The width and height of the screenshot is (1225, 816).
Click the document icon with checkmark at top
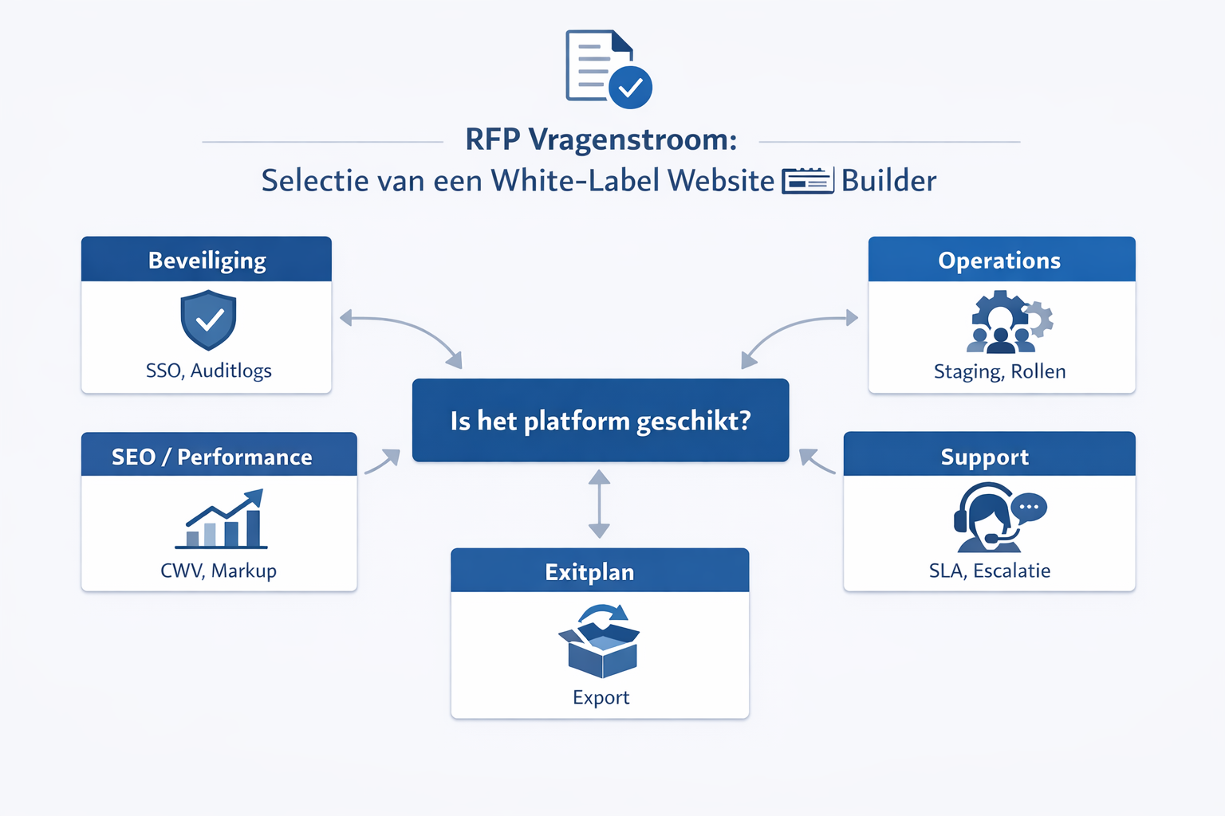608,69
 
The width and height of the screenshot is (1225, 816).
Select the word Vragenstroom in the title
632,139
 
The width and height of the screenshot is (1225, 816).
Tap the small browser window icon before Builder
807,181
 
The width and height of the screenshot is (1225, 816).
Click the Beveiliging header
207,260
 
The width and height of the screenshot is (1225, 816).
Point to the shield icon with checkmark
208,320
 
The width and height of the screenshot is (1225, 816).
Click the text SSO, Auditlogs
208,371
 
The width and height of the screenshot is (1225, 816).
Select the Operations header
1000,260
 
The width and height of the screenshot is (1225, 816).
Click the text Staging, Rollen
999,371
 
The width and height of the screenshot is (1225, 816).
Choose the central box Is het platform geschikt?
600,420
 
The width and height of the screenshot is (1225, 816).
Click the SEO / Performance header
211,456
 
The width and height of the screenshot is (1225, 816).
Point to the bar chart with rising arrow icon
222,520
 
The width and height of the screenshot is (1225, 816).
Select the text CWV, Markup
219,571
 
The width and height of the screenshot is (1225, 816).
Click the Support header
985,457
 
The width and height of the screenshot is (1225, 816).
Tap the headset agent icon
997,518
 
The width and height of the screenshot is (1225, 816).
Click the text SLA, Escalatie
989,571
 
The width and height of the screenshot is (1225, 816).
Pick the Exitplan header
589,571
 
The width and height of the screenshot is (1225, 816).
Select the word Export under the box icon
601,697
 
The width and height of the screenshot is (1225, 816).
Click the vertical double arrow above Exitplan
599,504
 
